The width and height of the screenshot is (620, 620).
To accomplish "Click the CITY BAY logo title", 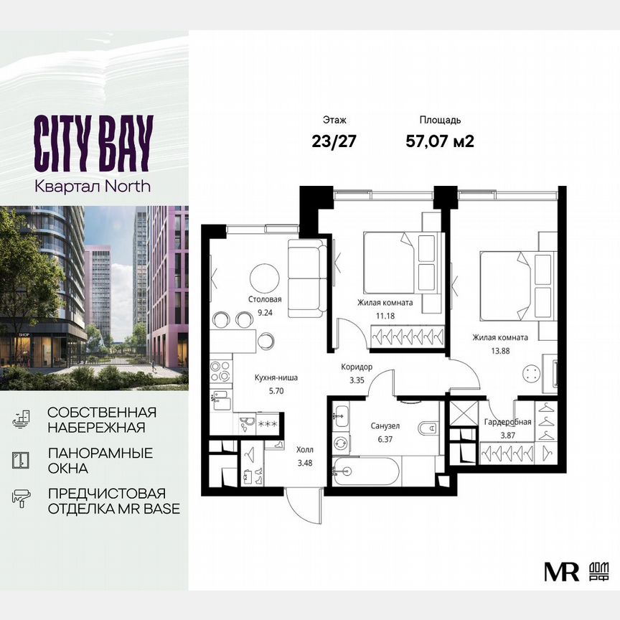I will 93,143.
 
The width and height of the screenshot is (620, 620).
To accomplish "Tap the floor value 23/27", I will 334,141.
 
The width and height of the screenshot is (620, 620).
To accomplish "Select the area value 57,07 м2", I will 440,141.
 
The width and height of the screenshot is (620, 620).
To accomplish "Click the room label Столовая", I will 266,300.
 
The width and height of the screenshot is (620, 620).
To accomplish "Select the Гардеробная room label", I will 507,422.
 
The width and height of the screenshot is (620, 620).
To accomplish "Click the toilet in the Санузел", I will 429,428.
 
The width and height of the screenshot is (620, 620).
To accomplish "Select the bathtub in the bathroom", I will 373,474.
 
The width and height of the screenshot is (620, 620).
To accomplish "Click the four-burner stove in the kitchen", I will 221,371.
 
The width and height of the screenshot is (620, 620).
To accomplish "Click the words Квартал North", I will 93,185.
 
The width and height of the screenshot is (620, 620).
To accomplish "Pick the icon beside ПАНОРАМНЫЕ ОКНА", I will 21,461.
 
